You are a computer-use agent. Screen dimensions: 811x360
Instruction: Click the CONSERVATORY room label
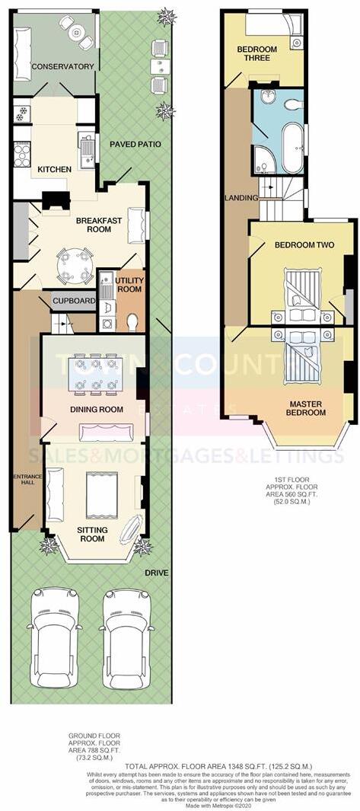click(63, 66)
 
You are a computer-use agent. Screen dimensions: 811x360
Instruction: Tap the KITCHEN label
click(55, 169)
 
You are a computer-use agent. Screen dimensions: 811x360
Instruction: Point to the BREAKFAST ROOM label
click(98, 225)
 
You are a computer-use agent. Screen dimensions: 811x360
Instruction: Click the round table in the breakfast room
click(75, 263)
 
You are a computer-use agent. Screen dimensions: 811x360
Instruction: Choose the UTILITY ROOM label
click(129, 285)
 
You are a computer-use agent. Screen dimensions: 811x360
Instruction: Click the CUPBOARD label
click(73, 302)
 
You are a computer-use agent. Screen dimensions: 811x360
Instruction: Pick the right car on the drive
click(126, 638)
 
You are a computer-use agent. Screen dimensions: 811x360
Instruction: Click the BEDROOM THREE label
click(256, 54)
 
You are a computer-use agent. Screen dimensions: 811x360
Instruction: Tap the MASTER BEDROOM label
click(305, 407)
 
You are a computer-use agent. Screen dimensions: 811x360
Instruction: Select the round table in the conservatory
click(75, 32)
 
